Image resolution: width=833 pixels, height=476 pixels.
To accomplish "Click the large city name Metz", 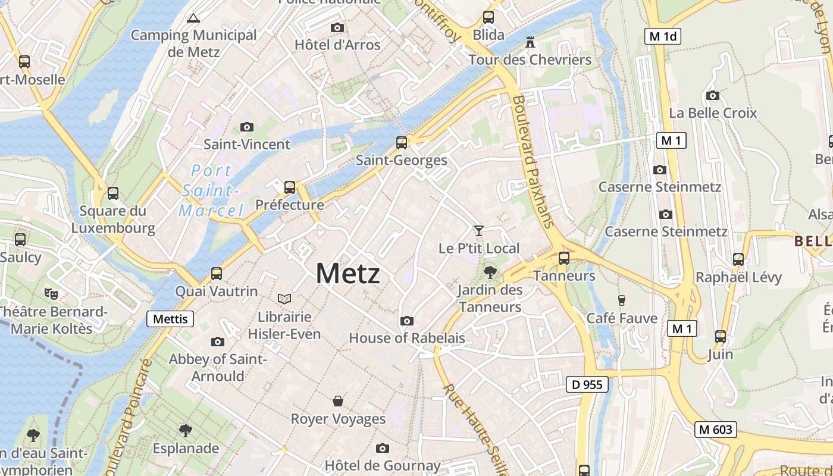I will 347,274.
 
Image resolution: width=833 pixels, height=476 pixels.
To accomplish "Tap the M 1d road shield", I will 663,36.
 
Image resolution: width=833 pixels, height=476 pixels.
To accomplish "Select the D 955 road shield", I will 587,385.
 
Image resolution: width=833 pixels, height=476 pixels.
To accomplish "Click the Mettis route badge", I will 170,319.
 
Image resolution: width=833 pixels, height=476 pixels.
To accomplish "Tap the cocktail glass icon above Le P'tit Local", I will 479,230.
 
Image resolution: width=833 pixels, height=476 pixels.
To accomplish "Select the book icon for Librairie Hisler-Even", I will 284,299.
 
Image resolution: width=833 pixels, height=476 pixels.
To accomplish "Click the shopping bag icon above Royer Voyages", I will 338,401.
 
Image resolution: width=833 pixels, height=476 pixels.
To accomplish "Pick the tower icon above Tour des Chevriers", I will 530,42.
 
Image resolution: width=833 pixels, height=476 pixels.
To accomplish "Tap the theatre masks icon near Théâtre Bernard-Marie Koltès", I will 51,293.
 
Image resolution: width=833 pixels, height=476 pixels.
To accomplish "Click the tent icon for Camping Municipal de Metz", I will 193,18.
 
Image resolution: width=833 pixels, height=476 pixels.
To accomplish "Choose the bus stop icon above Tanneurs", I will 563,258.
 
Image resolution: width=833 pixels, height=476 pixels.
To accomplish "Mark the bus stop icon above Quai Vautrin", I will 217,274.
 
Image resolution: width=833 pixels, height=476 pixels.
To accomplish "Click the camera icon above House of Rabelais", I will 407,321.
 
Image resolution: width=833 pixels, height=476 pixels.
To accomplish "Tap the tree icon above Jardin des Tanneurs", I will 490,273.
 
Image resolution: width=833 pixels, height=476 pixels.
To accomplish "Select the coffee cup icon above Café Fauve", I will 622,300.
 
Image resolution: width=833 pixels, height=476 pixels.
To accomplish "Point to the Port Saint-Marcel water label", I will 211,190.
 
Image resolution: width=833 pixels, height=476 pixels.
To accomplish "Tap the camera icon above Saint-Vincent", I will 246,127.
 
